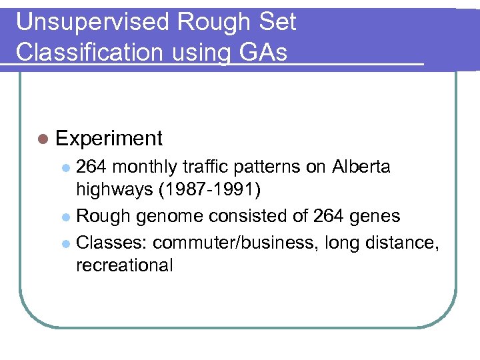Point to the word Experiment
[x=109, y=138]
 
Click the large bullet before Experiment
[x=43, y=139]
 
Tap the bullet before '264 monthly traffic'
[x=67, y=167]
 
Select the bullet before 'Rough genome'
[x=67, y=217]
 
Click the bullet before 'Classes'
[x=67, y=243]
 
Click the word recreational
[x=125, y=265]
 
